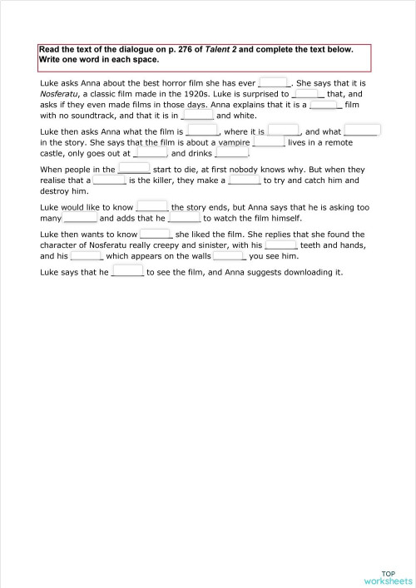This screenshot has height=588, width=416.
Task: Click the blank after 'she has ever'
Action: [x=274, y=82]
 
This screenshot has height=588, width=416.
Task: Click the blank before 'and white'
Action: [x=197, y=116]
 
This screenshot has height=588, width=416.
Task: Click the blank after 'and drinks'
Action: [x=232, y=153]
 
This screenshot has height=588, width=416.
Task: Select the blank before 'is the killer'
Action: [x=109, y=180]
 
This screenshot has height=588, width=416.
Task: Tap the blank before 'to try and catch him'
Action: [x=245, y=180]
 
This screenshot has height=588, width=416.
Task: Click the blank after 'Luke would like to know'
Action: [x=152, y=206]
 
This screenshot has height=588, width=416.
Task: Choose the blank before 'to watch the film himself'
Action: [x=184, y=218]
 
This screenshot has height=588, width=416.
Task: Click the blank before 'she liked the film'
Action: [x=156, y=235]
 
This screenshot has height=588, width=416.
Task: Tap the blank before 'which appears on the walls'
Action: [x=86, y=256]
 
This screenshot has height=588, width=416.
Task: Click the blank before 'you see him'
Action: [x=228, y=256]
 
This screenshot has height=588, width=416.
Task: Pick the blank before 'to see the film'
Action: [x=127, y=272]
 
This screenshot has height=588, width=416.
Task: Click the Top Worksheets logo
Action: [x=388, y=577]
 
